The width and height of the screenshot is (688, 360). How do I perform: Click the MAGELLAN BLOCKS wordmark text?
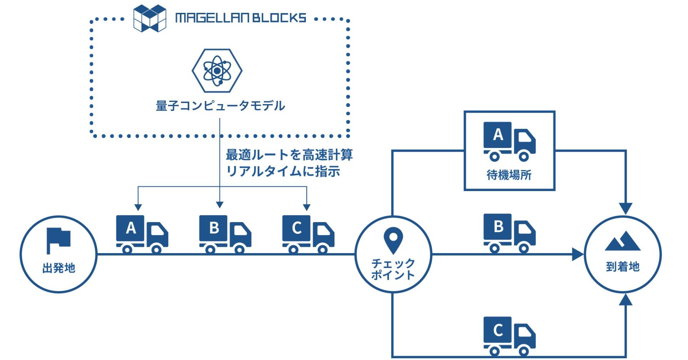point(241,18)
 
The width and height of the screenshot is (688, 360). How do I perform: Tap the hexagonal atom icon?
point(217,71)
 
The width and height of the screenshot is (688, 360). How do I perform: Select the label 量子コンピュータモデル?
point(220,106)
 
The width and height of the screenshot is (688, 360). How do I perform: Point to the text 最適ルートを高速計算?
point(289,155)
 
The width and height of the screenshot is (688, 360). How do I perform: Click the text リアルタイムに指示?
point(283,171)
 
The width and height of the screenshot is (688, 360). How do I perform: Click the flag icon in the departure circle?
point(58,240)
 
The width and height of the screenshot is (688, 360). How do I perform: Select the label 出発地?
point(59,268)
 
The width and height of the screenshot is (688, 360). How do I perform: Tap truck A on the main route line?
point(142,234)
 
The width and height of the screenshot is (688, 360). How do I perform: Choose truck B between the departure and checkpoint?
point(225,234)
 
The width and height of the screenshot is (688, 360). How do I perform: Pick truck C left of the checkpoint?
point(308,234)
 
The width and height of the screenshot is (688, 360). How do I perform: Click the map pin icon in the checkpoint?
point(393,240)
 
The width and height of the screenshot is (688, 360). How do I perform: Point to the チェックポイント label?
point(393,269)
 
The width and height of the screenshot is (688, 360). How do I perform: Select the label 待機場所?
point(509,175)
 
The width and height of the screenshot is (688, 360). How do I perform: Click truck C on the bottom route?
point(509,335)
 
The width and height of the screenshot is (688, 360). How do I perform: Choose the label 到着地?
point(622,267)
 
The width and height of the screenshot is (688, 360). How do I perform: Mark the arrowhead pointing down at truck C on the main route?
point(307,207)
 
